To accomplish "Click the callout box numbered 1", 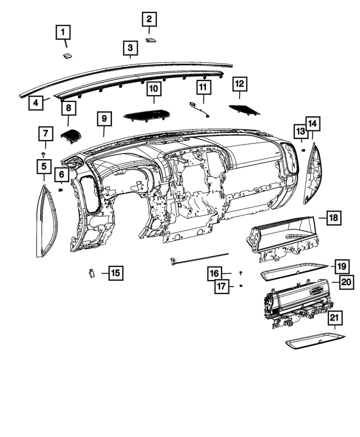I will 63,33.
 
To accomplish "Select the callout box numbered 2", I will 149,20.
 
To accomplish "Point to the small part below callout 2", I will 151,40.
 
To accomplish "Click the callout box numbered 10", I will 154,89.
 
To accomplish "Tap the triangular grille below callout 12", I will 245,109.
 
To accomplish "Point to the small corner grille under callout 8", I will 71,136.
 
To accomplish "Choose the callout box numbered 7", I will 44,134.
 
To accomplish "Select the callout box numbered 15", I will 115,273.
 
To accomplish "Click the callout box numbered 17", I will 222,286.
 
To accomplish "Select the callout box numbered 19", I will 340,265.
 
